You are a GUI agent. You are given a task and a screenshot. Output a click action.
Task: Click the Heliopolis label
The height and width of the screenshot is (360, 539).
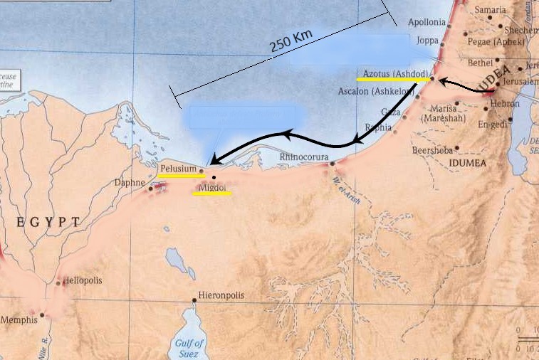83,280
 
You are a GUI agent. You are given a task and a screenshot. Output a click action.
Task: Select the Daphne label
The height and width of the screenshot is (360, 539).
130,183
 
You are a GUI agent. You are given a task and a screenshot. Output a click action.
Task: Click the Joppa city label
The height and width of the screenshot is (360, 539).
427,41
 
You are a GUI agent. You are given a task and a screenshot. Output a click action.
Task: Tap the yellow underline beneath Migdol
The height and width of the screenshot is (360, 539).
211,193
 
